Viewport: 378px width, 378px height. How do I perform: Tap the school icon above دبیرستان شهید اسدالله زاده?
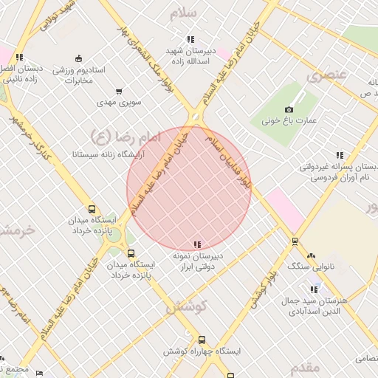190,39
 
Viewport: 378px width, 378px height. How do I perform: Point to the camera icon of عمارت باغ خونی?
289,109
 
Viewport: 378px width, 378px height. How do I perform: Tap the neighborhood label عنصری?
326,75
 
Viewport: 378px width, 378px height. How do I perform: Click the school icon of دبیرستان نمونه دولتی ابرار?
196,244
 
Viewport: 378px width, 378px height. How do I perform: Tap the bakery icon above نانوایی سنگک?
311,254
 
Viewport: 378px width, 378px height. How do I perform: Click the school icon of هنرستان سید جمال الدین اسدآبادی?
315,289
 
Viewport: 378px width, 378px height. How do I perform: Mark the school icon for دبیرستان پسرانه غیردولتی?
340,155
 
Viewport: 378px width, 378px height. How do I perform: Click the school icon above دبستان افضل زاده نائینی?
19,57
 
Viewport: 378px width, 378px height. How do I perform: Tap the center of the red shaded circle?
189,188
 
